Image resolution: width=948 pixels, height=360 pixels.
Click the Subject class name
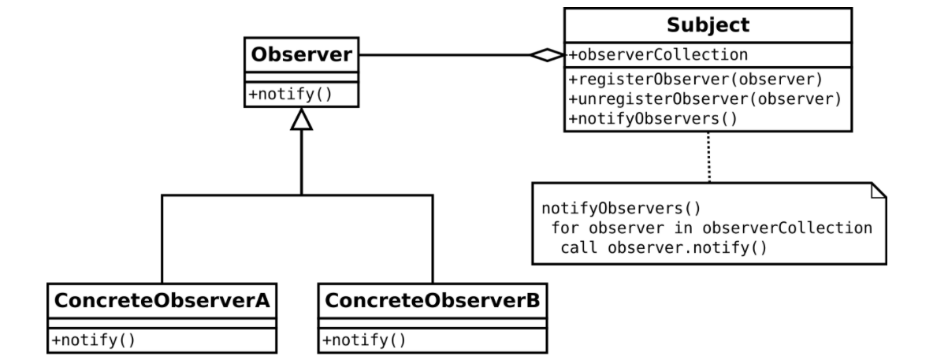coord(707,25)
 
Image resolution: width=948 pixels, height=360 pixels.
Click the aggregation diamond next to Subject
coord(547,55)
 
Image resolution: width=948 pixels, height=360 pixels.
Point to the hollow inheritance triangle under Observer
coord(301,119)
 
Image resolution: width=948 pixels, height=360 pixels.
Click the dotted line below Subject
coord(707,158)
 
